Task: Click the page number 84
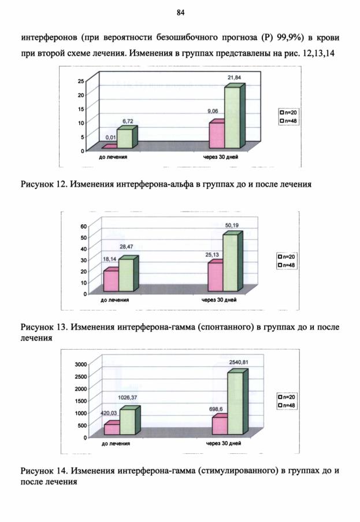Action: pos(180,13)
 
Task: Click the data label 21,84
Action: pos(234,77)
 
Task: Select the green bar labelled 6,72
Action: pos(125,139)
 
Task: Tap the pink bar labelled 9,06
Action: pos(217,135)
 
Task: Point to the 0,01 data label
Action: pos(111,137)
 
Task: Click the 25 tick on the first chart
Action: pos(81,81)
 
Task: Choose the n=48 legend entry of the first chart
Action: pos(288,121)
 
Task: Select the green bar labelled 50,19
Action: pos(230,262)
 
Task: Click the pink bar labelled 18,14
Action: pos(111,281)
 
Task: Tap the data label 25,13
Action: pos(212,255)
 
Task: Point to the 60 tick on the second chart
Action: pos(83,227)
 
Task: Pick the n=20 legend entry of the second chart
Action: pos(287,257)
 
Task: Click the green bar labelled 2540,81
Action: pos(236,403)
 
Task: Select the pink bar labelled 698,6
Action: pos(220,426)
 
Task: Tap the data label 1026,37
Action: pos(127,398)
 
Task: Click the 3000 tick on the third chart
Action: pos(81,364)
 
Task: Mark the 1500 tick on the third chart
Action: pos(81,401)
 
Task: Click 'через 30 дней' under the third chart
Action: pos(223,443)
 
